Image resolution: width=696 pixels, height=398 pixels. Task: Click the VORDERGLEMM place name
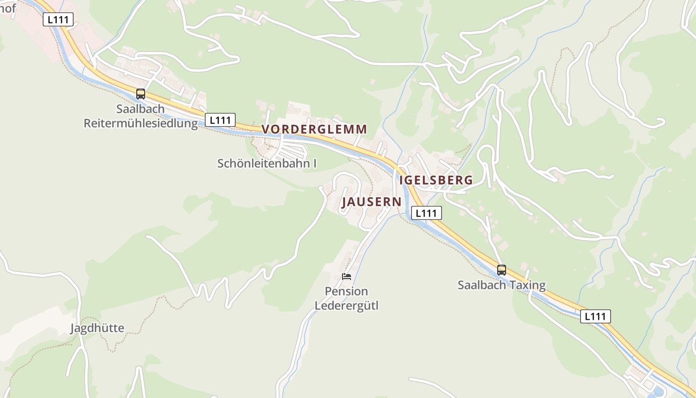[314, 129]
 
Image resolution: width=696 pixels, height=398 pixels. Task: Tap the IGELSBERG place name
[436, 180]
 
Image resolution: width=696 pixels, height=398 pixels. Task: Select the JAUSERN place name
[371, 202]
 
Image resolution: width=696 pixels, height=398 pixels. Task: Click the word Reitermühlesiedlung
[141, 123]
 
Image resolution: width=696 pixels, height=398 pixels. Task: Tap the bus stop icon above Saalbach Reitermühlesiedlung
[141, 94]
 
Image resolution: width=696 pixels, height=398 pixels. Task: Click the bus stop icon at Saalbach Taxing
[502, 270]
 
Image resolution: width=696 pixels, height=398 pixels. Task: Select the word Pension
[347, 292]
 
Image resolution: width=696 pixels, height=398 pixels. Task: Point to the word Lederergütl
[347, 305]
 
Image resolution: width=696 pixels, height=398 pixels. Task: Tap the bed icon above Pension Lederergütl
[347, 277]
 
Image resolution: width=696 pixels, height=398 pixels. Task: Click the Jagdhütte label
[97, 328]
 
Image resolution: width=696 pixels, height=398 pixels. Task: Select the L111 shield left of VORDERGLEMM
[220, 120]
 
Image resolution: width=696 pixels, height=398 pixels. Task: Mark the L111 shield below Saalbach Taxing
[596, 316]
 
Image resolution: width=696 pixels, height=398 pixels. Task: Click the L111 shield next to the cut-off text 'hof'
[59, 19]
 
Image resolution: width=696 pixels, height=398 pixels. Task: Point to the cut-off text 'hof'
[8, 8]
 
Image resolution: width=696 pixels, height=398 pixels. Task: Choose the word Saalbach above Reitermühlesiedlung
[140, 109]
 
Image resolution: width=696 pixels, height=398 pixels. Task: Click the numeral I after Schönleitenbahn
[315, 163]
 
